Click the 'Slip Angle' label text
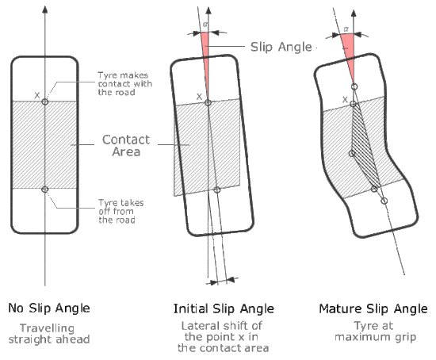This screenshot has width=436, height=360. tap(281, 47)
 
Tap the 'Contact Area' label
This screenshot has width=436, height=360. tap(126, 145)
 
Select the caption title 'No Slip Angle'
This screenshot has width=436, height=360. tap(49, 308)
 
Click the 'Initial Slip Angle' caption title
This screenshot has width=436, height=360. tap(224, 308)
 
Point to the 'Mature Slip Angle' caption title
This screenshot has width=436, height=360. tap(373, 308)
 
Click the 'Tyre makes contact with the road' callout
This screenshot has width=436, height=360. tap(124, 84)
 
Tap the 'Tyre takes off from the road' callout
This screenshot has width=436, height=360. tap(121, 212)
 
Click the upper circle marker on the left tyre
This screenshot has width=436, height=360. tap(44, 101)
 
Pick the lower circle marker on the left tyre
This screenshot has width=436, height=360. tap(44, 190)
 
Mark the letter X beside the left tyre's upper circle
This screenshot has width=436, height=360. tap(37, 95)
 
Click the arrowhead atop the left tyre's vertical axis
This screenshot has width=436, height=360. tap(44, 10)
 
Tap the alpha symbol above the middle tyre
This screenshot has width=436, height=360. tap(205, 25)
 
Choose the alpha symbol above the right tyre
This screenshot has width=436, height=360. tap(346, 29)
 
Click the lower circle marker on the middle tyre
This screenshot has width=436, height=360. tap(217, 190)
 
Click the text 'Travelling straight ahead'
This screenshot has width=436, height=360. tap(49, 334)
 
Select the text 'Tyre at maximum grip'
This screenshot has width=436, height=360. tap(375, 331)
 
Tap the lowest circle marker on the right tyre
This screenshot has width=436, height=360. tap(384, 201)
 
